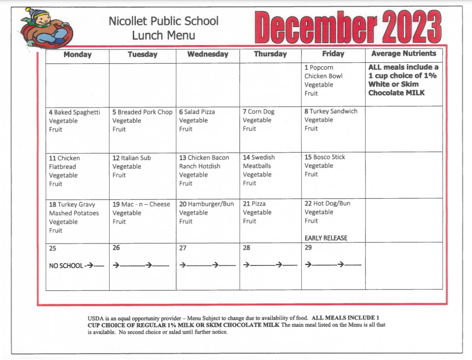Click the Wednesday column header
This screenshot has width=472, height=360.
click(207, 54)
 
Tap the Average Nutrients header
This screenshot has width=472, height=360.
click(403, 53)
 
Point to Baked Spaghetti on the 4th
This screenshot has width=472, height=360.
click(77, 112)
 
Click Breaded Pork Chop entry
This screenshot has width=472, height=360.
click(145, 112)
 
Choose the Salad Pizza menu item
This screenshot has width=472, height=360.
click(200, 112)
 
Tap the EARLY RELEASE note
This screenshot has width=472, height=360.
click(326, 238)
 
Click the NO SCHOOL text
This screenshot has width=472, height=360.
click(66, 266)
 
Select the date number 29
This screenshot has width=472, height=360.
click(308, 248)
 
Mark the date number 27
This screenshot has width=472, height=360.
click(183, 248)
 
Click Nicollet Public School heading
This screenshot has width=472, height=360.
click(164, 21)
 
